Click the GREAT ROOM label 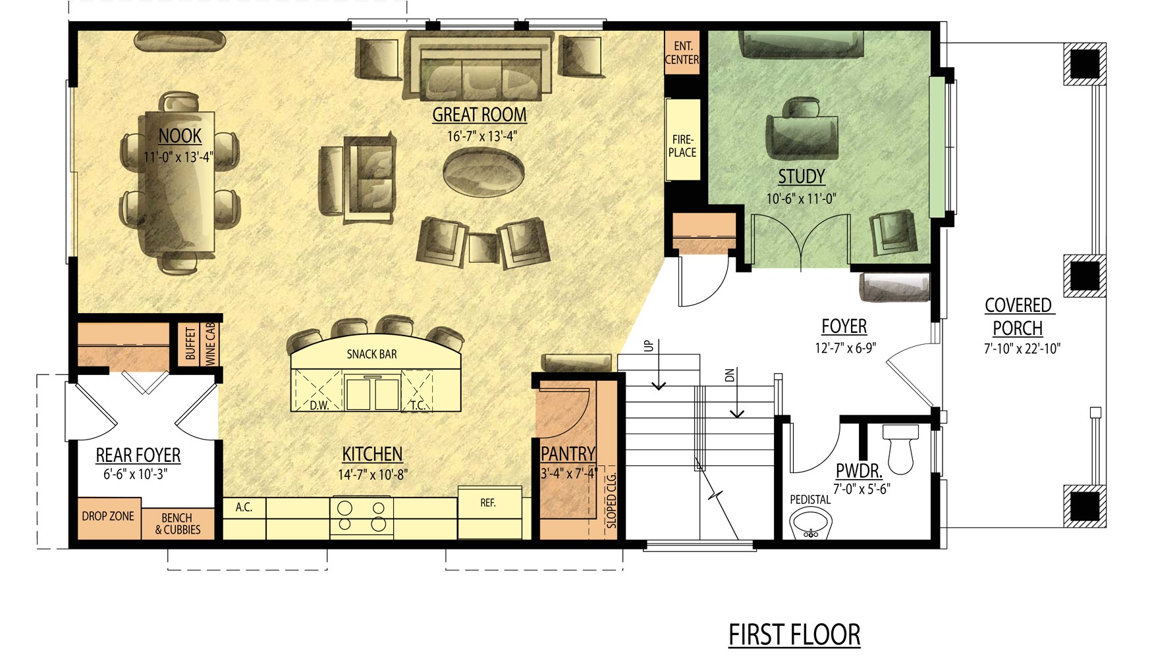[479, 114]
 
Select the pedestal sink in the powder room [811, 524]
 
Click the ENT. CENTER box [682, 53]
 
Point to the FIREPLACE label [682, 145]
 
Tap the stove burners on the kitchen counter [361, 516]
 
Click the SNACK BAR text [371, 354]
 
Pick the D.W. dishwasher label [319, 405]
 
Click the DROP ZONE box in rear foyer [108, 517]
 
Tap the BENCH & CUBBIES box [178, 524]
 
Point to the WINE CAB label [211, 343]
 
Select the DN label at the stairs [729, 375]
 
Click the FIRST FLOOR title [794, 635]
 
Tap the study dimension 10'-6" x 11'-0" [801, 198]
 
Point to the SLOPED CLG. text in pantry [611, 500]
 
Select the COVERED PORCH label [1018, 316]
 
